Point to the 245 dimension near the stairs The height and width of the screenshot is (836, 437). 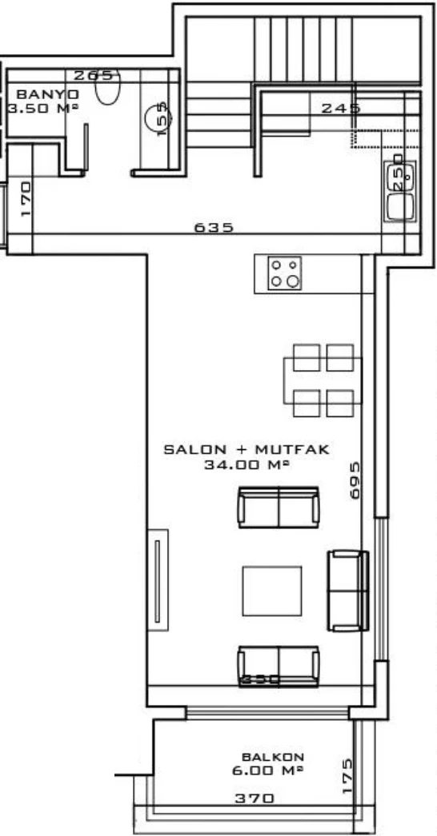coord(341,108)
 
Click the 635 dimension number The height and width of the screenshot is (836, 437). coord(214,228)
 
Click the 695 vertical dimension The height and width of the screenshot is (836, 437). coord(356,480)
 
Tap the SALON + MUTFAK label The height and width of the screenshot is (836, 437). coord(247,450)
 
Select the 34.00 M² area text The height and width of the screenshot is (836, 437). coord(246,464)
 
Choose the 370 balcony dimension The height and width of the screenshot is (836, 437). coord(255,798)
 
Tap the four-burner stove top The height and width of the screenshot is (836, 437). coord(285,273)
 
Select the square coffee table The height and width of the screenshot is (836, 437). coord(272,591)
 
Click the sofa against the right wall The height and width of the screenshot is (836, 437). coord(347,590)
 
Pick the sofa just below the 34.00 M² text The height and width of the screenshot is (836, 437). coord(278,508)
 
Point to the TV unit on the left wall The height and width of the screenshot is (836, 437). coord(157,579)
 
